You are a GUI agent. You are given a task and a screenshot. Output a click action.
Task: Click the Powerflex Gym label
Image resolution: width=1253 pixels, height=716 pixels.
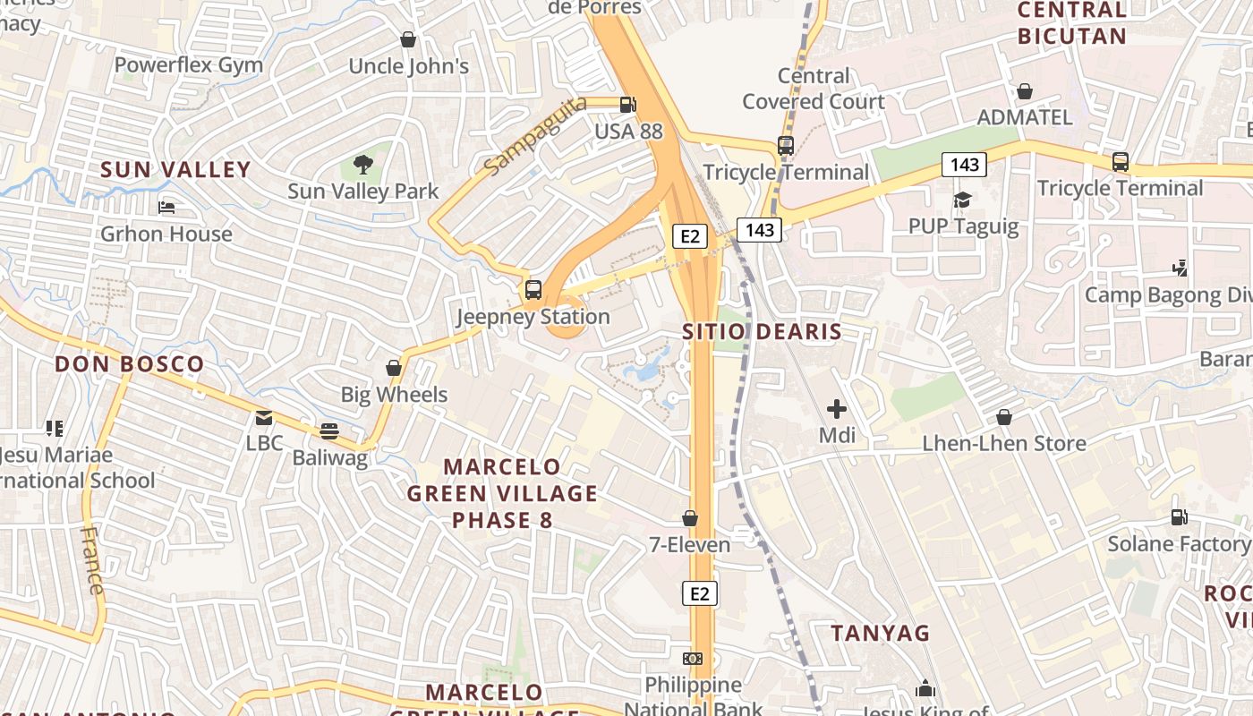coord(188,64)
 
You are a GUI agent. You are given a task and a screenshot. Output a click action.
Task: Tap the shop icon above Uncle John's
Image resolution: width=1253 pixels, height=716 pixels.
coord(408,39)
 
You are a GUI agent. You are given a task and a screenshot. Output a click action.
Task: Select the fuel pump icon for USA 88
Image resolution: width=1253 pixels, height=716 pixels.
coord(628,105)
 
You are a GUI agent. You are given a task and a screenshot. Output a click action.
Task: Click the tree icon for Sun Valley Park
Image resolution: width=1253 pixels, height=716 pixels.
coord(362,164)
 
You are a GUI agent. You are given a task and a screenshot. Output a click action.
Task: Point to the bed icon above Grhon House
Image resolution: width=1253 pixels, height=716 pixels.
coord(166,208)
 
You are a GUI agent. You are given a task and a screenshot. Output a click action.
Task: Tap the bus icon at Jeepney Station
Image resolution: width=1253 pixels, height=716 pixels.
coord(533,290)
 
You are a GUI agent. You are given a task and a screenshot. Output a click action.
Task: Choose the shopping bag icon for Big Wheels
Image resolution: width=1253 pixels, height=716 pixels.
coord(394,368)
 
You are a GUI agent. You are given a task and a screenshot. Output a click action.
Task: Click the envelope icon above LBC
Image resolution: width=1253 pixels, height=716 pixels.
coord(264,417)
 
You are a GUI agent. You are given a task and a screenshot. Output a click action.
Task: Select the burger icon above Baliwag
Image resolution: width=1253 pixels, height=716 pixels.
coord(329,431)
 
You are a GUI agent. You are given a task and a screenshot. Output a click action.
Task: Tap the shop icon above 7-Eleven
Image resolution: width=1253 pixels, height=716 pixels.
coord(690,518)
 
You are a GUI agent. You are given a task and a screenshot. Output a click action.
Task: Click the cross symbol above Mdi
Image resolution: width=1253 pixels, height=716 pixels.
coord(837,410)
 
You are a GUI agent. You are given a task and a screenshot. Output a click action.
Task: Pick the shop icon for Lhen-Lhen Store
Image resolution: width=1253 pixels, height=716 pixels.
coord(1004,417)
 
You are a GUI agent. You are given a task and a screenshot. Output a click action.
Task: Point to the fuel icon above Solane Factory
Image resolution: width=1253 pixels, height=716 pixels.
coord(1179,517)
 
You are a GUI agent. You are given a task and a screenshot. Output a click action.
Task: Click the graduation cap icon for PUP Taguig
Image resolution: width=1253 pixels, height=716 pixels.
coord(962,200)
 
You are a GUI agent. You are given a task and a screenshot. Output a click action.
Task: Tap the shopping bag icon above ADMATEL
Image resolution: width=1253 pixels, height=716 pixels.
coord(1025,91)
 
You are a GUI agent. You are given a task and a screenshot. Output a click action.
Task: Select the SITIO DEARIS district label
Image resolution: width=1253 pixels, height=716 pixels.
coord(762,332)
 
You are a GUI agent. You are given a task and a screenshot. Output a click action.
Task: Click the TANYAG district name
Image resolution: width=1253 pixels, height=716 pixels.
coord(881,634)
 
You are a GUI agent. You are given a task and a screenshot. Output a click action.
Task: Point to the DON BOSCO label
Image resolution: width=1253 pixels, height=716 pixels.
coord(130,364)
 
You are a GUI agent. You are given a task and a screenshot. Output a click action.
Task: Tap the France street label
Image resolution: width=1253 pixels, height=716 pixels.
coord(92,560)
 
